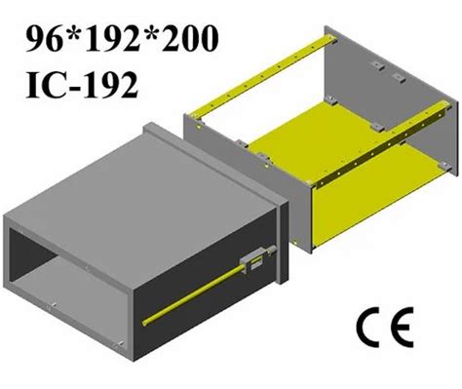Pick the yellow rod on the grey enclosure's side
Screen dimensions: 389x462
(195, 293)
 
